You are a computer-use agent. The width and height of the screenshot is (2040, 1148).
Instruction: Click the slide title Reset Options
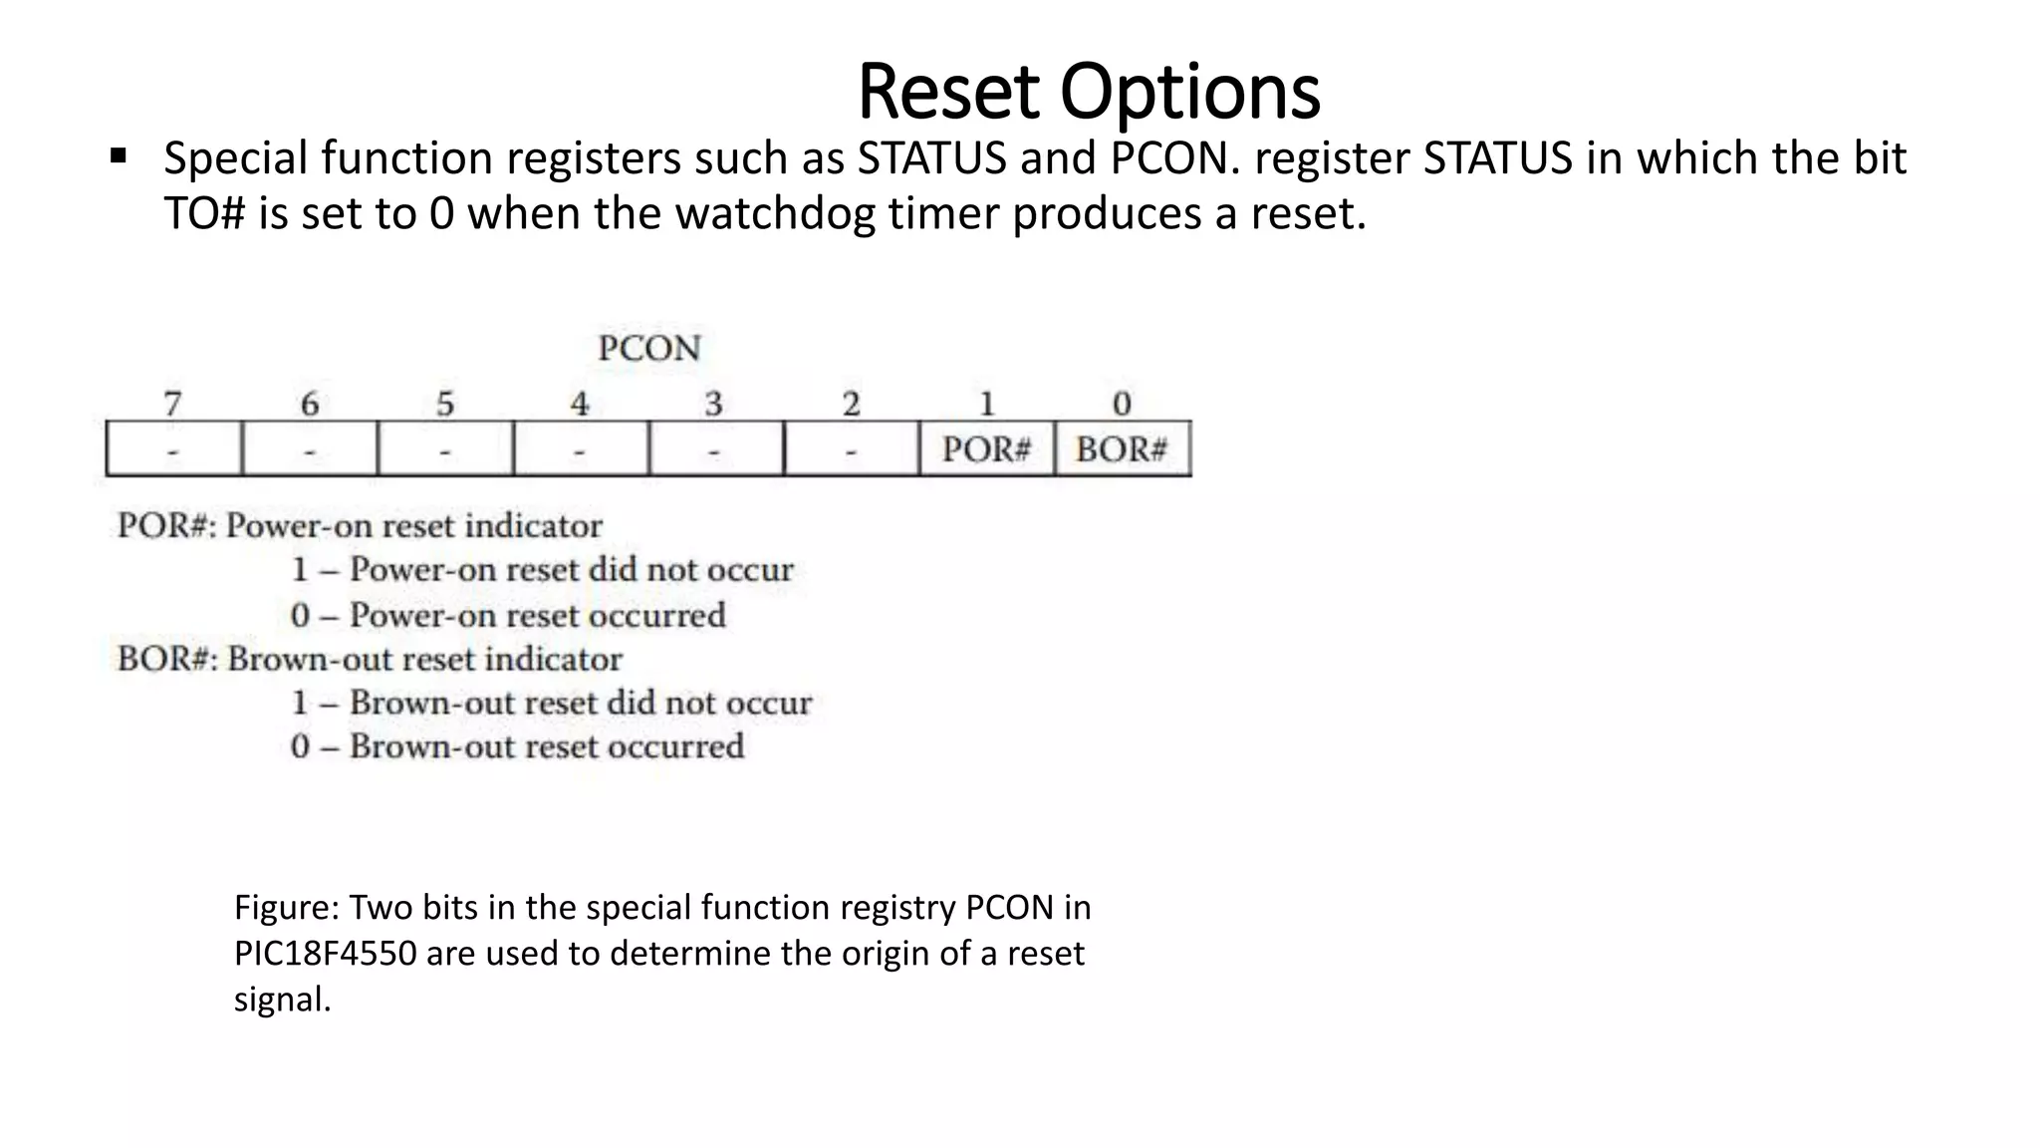coord(1088,92)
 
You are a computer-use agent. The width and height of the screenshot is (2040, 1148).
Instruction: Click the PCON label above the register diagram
coord(649,349)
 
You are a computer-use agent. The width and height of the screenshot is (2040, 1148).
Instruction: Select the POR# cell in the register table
coord(986,449)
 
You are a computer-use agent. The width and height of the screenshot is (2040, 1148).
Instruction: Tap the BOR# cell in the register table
coord(1122,449)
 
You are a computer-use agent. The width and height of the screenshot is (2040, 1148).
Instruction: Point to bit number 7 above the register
coord(172,404)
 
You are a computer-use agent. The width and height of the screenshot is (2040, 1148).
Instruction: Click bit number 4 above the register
coord(579,404)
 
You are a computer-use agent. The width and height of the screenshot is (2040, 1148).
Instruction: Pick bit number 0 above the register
coord(1122,404)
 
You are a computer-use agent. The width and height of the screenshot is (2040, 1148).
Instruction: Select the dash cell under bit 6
coord(309,450)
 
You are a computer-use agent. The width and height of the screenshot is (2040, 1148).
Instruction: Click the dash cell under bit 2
coord(851,450)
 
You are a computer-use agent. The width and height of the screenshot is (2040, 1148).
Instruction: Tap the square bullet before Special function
coord(119,156)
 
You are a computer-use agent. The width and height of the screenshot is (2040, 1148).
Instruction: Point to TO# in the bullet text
coord(204,214)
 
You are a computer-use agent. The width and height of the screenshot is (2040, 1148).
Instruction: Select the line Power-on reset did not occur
coord(542,570)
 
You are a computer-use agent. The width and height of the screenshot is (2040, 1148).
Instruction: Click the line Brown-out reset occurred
coord(517,746)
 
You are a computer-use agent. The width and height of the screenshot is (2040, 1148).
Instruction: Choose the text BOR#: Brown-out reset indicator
coord(370,659)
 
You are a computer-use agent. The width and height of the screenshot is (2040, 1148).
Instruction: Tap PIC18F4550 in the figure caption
coord(325,954)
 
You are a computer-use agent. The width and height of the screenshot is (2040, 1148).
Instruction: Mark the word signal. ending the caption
coord(282,1000)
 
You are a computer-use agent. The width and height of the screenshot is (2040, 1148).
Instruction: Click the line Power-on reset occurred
coord(508,615)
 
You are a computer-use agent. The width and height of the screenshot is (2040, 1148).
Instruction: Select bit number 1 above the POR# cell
coord(986,404)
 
